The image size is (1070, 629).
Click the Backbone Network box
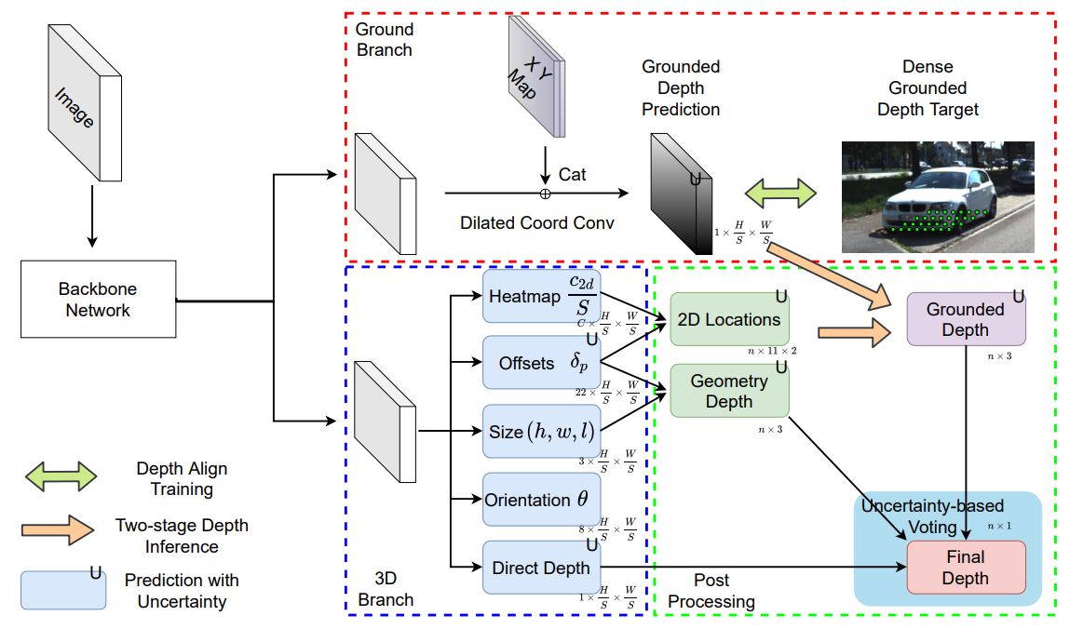tap(98, 300)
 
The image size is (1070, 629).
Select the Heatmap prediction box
tap(540, 296)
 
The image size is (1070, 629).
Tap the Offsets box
tap(540, 363)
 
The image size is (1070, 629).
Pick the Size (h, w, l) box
tap(540, 431)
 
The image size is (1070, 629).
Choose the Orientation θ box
tap(540, 500)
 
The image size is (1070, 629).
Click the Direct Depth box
tap(540, 567)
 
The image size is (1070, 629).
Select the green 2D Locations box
tap(728, 319)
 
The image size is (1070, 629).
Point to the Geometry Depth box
tap(728, 391)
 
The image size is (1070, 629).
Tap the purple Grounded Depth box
tap(966, 319)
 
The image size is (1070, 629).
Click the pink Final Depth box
tap(966, 567)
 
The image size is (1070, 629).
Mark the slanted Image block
tap(84, 102)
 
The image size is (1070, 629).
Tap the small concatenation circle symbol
tap(546, 194)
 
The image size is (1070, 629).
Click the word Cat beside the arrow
tap(573, 174)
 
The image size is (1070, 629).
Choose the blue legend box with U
tap(62, 589)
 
